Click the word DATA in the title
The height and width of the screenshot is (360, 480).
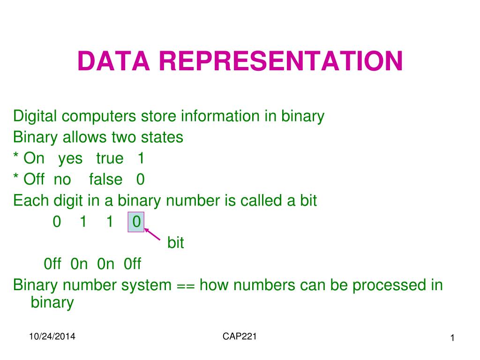point(113,61)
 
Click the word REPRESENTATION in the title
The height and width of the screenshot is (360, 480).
point(281,61)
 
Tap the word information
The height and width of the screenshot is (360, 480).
point(220,116)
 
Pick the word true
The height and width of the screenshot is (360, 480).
point(110,158)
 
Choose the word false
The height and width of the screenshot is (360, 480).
point(105,179)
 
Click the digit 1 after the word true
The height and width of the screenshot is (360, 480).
point(141,158)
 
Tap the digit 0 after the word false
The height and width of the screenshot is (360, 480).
point(141,180)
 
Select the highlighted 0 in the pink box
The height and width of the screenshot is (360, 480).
point(136,222)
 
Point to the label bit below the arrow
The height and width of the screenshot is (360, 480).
point(176,242)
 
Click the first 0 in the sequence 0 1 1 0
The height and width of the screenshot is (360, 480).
point(57,222)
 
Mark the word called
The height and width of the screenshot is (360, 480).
point(261,201)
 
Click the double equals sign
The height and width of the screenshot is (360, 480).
point(186,285)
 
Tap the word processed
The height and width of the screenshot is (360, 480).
point(389,286)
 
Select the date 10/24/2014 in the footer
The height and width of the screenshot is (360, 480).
point(52,337)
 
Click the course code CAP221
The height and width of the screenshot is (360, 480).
point(240,337)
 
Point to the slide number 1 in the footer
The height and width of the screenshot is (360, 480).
point(452,338)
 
